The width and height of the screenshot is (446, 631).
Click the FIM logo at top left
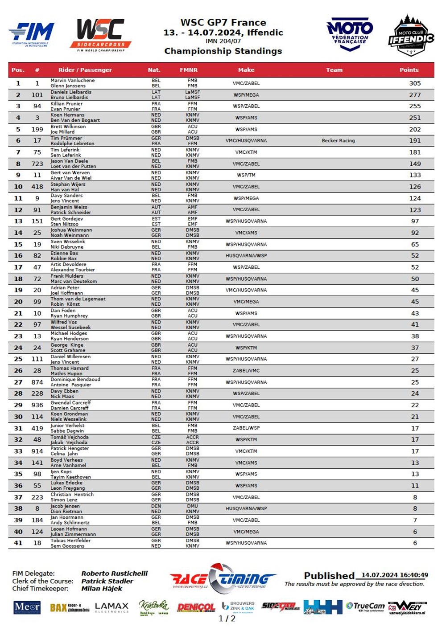click(x=32, y=34)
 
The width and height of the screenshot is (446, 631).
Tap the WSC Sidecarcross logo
click(x=100, y=34)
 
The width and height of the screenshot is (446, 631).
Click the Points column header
click(x=409, y=70)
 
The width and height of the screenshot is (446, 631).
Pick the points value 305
click(x=415, y=83)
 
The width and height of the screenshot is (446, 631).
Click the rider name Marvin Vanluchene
click(x=73, y=81)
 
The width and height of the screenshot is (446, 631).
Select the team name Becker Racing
click(x=338, y=141)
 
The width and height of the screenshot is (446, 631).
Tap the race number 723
click(x=37, y=164)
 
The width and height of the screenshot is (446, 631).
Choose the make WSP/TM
click(x=246, y=175)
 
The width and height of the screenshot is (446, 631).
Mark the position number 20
click(x=18, y=302)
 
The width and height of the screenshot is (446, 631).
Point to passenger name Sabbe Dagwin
click(x=67, y=431)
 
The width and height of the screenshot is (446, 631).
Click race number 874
click(x=37, y=382)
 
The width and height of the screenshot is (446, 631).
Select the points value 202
click(x=415, y=129)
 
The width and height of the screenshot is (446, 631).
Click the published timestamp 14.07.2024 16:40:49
click(x=394, y=575)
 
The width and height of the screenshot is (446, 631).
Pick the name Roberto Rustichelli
click(x=114, y=574)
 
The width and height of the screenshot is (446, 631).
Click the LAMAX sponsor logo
click(x=111, y=607)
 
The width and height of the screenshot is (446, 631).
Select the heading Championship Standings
click(x=223, y=51)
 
